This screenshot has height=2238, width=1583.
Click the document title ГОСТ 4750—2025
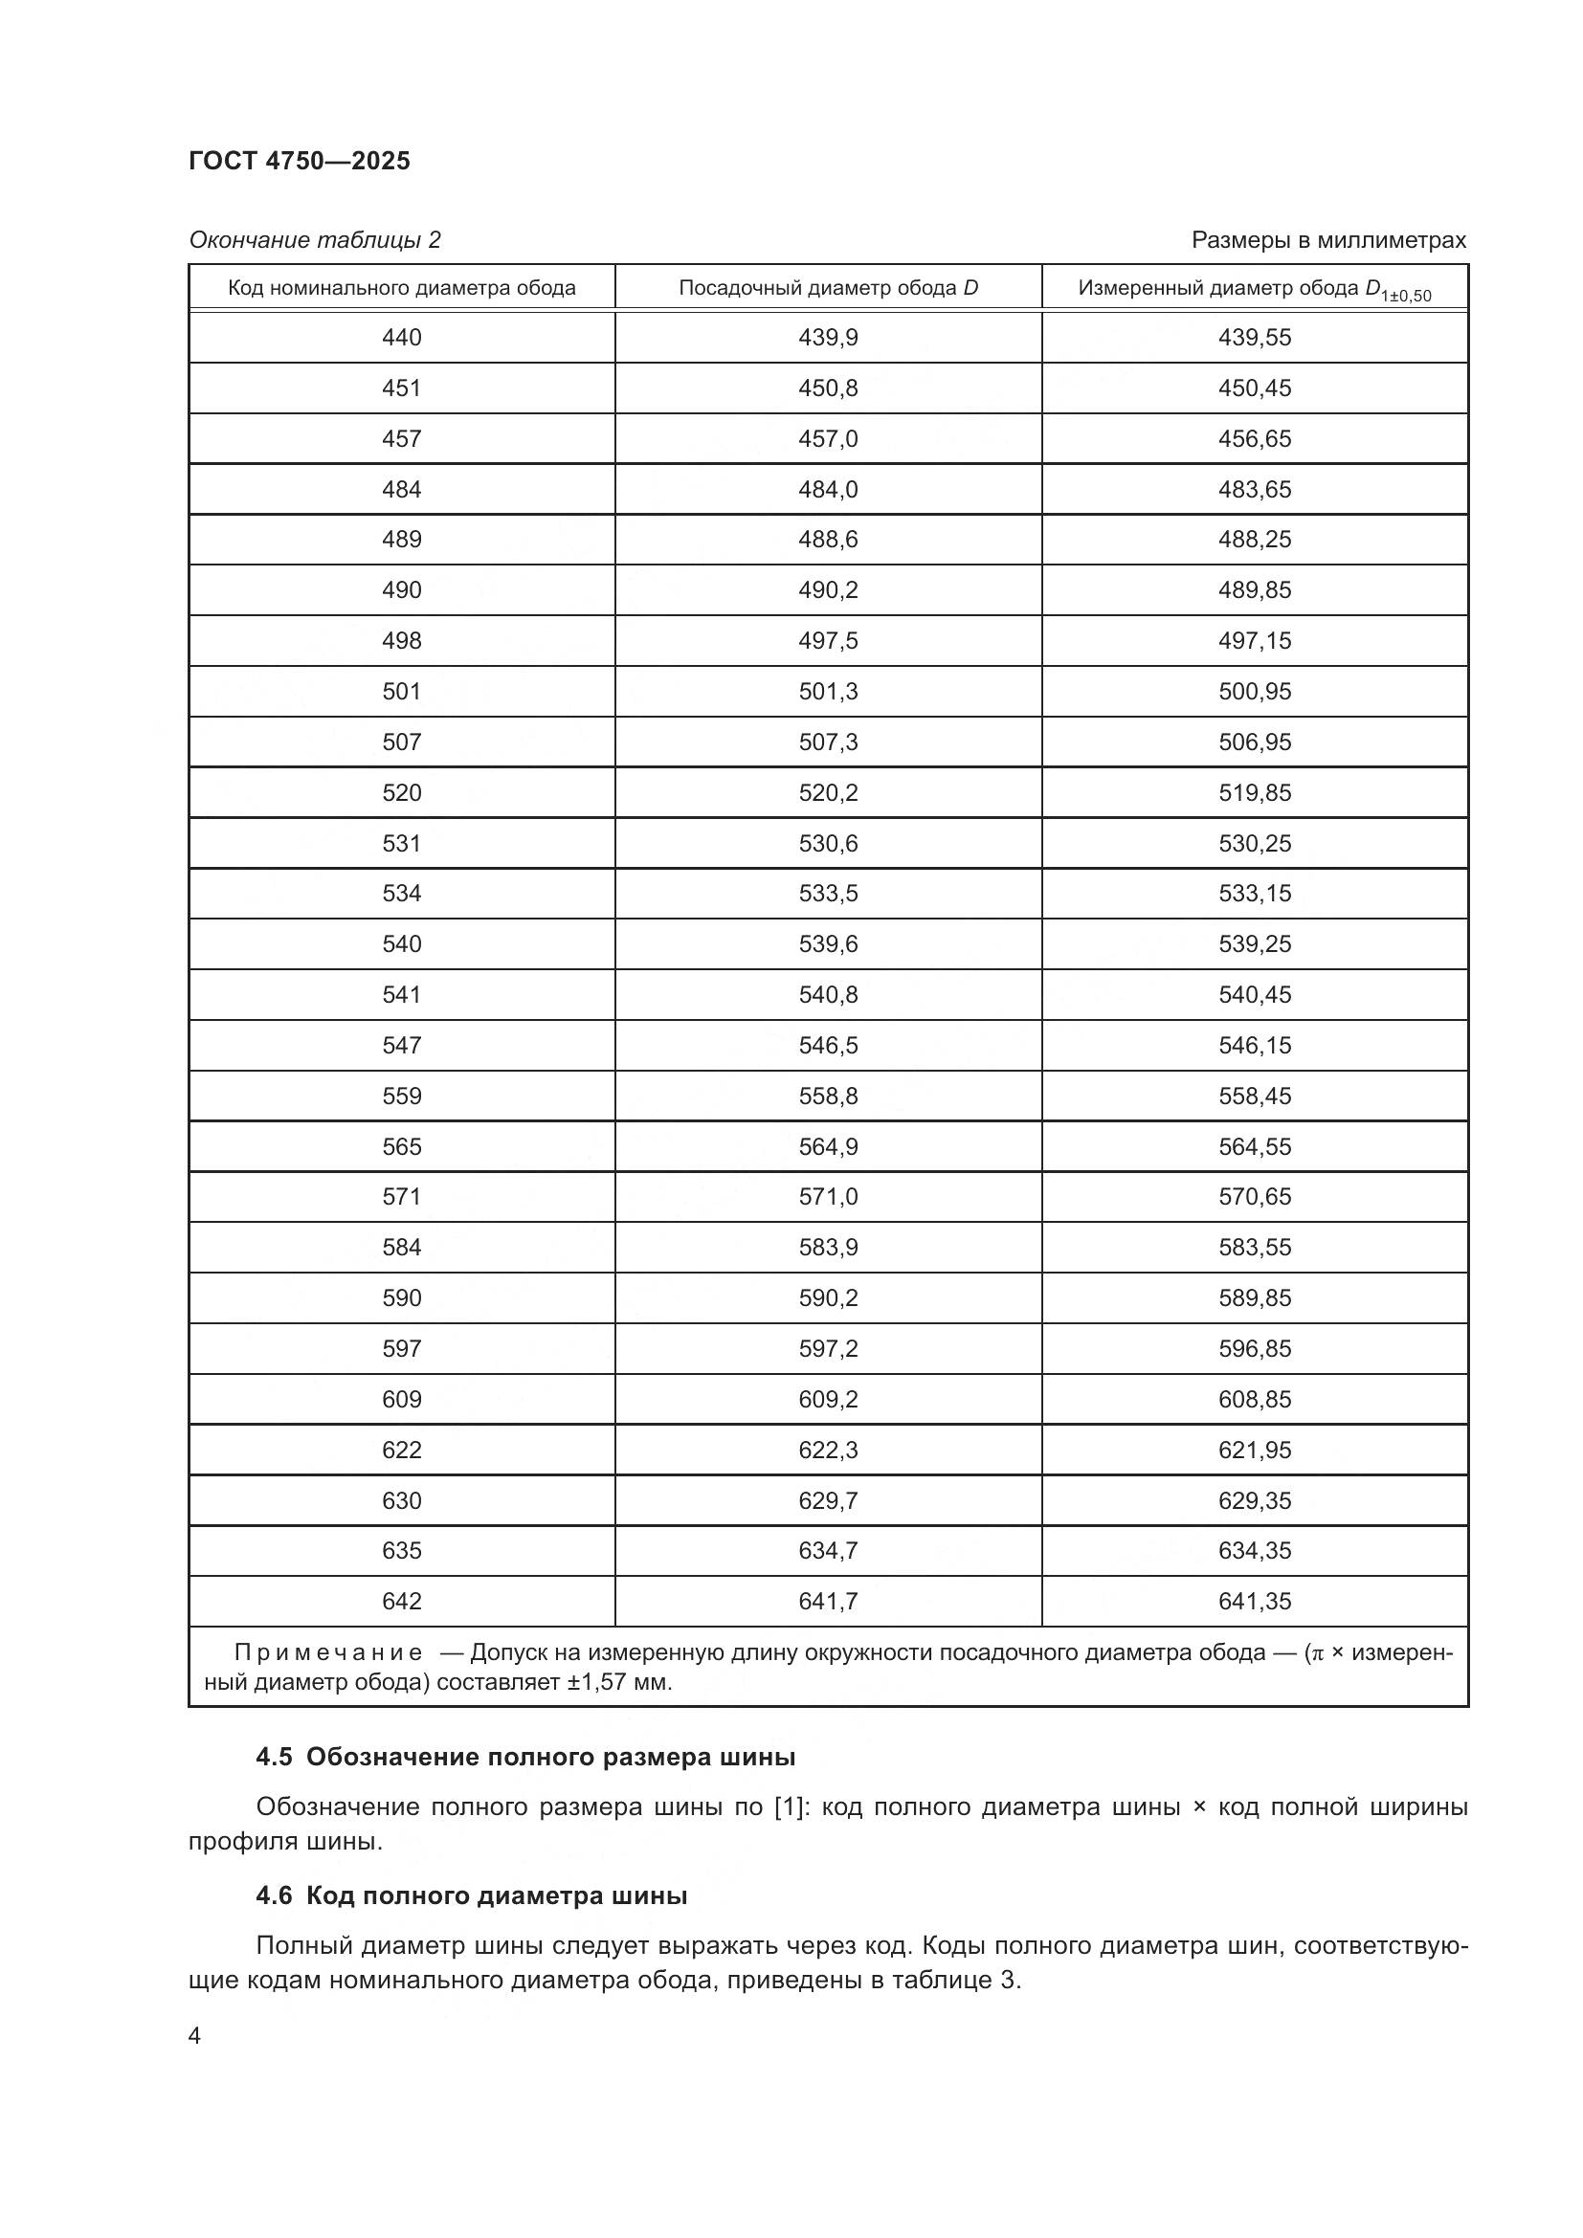[x=300, y=161]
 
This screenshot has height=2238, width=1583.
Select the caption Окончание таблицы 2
[x=314, y=240]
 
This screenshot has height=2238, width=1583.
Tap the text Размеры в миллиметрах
[x=1327, y=240]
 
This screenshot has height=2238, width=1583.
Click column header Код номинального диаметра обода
[x=402, y=288]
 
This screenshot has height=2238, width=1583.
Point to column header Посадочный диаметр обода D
[x=828, y=288]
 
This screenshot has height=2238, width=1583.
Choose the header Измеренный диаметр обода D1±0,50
[x=1254, y=290]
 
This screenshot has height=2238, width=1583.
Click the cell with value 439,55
[x=1254, y=337]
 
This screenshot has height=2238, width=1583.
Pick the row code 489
[x=402, y=539]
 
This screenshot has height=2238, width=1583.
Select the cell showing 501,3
[x=828, y=691]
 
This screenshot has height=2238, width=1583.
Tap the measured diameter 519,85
[x=1254, y=792]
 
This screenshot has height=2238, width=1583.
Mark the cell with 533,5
[x=828, y=893]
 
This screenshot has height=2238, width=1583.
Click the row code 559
[x=402, y=1096]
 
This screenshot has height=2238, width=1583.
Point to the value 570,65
[x=1254, y=1196]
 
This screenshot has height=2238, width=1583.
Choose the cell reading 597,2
[x=828, y=1348]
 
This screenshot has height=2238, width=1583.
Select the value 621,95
[x=1254, y=1450]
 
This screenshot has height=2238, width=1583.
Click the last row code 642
[x=402, y=1601]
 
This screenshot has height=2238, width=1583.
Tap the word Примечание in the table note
[x=328, y=1652]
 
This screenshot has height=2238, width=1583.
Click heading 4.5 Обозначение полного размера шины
[x=525, y=1757]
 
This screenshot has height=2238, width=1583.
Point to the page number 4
[x=195, y=2036]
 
